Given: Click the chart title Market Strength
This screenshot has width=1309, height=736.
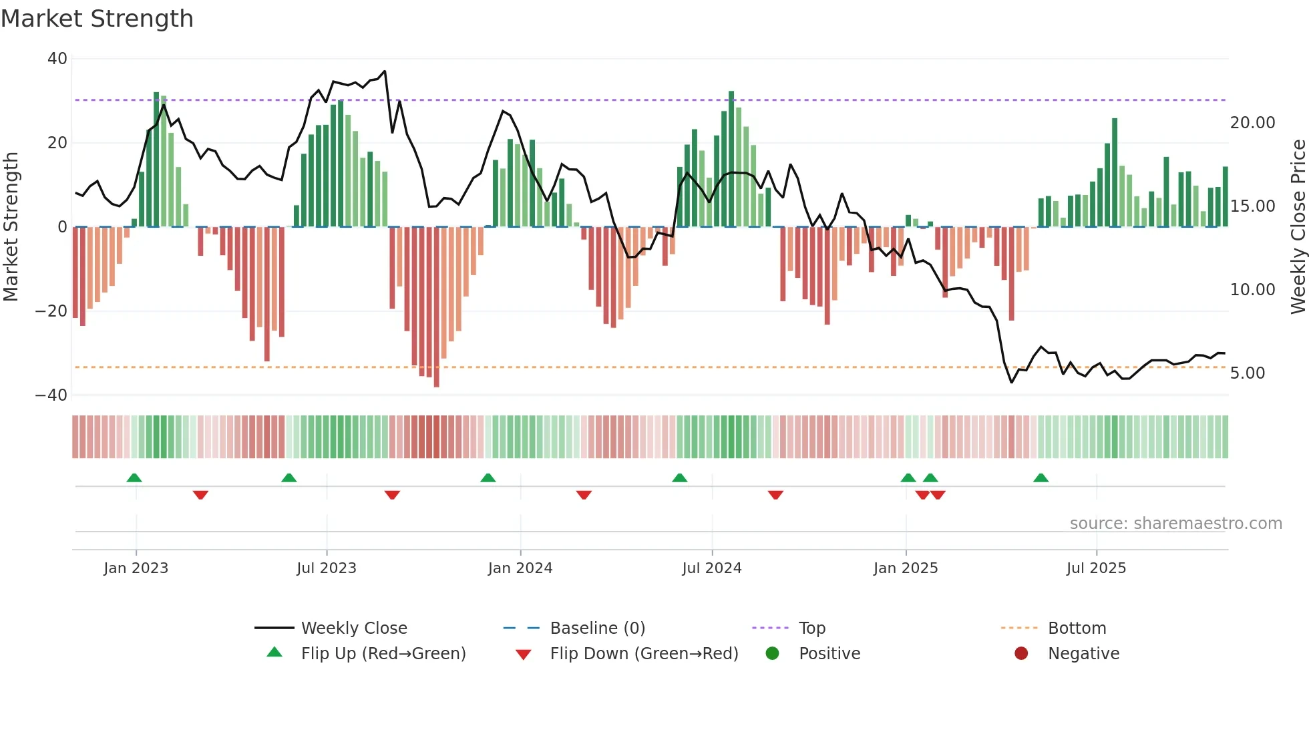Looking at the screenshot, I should pos(97,19).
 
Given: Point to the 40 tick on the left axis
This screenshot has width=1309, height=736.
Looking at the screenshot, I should pos(57,59).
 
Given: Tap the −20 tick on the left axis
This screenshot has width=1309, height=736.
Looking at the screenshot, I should pos(51,311).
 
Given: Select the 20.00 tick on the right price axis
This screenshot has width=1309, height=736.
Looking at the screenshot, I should pos(1252,123).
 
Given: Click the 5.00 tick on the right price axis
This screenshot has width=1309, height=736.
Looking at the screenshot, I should pos(1247,373).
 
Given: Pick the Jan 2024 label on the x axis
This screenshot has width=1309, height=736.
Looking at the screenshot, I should pos(520,568).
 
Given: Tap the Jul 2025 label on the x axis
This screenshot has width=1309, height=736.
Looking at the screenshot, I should pos(1096,568).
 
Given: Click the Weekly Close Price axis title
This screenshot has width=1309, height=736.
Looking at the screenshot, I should pos(1298,226).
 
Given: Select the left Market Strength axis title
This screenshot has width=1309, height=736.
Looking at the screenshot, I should pos(11,226).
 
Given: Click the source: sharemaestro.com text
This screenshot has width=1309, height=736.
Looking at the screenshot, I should pos(1175,524).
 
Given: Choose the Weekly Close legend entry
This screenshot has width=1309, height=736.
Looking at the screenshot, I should pos(353,628).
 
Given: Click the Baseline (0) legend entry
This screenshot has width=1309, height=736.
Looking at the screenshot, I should pos(597,628).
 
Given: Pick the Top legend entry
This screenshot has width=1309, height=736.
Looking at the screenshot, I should pos(811,628).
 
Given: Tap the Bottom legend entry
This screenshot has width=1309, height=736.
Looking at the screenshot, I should pos(1077,628).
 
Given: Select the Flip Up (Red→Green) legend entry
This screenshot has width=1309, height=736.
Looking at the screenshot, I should pos(383,654).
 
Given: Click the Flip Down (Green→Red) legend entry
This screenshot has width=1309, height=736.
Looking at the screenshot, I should pos(644,654).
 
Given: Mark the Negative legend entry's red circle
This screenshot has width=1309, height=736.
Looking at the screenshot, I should pos(1021,653).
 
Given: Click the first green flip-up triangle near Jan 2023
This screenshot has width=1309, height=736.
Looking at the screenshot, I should pos(134,478).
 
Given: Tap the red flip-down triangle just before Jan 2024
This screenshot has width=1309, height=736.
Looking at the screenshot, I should pos(392,495).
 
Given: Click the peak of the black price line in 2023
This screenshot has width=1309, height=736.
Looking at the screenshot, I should pos(385,71).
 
